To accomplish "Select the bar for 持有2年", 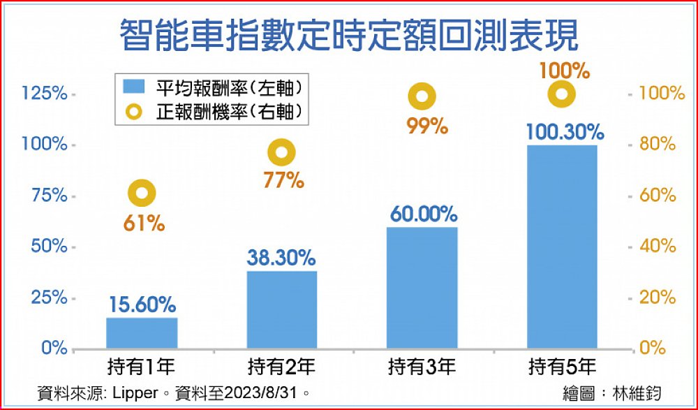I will [282, 309].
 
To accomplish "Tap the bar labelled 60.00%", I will [422, 287].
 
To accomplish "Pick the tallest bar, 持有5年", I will [562, 246].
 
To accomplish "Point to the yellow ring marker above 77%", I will [282, 152].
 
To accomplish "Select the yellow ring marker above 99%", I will [422, 96].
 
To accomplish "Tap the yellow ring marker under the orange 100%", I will [562, 94].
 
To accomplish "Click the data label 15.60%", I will [142, 304].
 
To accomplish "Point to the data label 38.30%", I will [281, 258].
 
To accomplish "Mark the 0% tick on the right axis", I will [654, 348].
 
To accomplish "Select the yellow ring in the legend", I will [133, 111].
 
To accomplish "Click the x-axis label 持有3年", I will [422, 367].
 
